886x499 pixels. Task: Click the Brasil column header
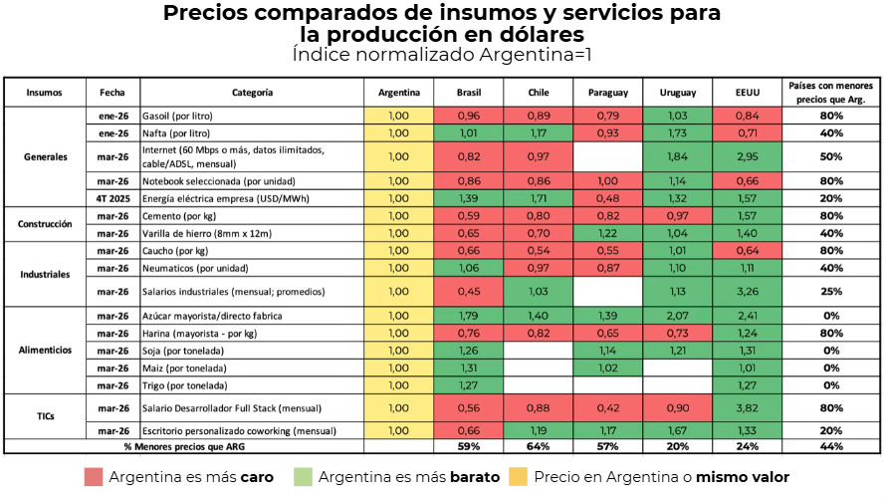click(x=468, y=93)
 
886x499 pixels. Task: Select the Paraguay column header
click(x=607, y=93)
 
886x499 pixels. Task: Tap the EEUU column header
click(x=747, y=93)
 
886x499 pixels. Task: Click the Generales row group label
click(x=45, y=156)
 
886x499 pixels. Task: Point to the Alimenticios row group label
click(x=45, y=350)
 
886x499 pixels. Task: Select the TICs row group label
click(x=45, y=418)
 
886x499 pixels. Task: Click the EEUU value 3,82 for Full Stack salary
click(x=747, y=407)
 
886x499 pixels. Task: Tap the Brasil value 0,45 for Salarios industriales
click(x=468, y=291)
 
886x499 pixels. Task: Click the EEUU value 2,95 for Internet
click(x=747, y=156)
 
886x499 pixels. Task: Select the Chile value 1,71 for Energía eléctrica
click(x=538, y=198)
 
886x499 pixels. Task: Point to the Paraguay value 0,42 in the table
click(x=607, y=407)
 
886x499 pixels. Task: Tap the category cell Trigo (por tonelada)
click(x=185, y=384)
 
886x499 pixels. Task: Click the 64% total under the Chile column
click(x=538, y=446)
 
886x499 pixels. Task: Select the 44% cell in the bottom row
click(x=831, y=446)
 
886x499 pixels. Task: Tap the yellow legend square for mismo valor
click(x=519, y=477)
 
